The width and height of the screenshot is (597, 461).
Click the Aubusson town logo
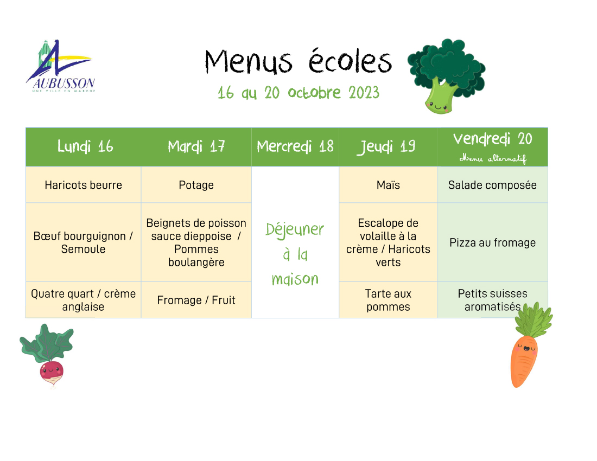coord(61,66)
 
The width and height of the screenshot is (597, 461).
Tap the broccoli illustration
coord(446,76)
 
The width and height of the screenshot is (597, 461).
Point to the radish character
coord(47,355)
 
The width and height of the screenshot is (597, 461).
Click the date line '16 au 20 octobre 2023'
coord(298,93)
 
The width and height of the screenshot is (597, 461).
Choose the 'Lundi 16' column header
coord(85,146)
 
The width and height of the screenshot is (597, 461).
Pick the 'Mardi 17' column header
coord(196,146)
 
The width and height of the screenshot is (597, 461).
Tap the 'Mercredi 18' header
coord(295,146)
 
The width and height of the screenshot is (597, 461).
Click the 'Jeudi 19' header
coord(386,147)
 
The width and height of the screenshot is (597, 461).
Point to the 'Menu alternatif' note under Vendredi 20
coord(493,158)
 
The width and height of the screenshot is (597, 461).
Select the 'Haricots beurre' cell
coord(84,185)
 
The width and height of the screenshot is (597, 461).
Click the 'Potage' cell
coord(196,185)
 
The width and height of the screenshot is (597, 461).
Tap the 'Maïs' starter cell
coord(388,185)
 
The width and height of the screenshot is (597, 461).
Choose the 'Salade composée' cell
coord(492,185)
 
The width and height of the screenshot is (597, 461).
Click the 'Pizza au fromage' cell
coord(492,242)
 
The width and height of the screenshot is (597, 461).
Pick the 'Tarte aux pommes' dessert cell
coord(388,300)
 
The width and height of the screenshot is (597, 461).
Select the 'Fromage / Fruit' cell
coord(196,300)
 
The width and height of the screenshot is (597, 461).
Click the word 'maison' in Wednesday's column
coord(295,279)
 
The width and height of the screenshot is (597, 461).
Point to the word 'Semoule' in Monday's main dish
coord(84,249)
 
